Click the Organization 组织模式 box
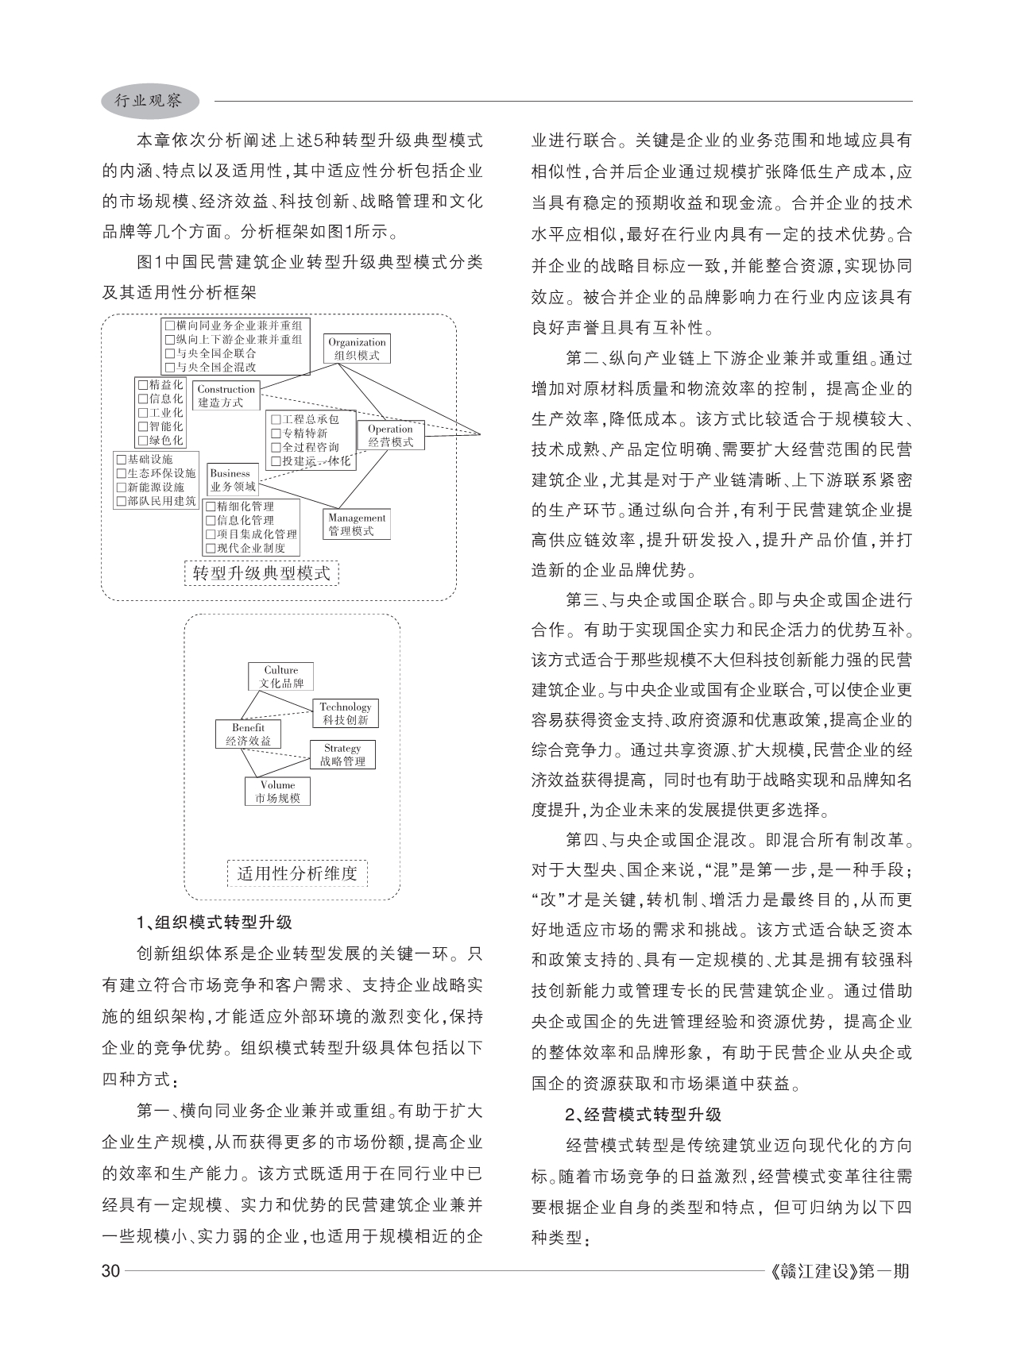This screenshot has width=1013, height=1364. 357,349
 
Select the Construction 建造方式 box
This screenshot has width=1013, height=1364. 226,395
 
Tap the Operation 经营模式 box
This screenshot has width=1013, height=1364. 391,435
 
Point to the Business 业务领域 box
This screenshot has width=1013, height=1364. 233,480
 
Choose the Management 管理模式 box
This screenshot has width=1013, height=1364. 357,524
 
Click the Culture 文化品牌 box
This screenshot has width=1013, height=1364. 281,676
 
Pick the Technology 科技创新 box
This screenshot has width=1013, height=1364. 346,713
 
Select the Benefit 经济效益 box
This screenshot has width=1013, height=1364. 248,734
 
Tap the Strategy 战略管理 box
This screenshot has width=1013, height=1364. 342,754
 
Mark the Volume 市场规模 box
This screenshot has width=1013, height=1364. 277,791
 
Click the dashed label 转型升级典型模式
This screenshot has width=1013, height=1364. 261,572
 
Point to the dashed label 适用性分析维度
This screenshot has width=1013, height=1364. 297,873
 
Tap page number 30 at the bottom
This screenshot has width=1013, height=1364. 110,1271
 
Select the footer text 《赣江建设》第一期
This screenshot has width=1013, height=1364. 840,1271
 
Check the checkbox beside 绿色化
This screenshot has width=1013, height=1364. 143,440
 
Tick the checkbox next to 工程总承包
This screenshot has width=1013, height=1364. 276,419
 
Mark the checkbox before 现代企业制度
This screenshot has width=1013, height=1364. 211,548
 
